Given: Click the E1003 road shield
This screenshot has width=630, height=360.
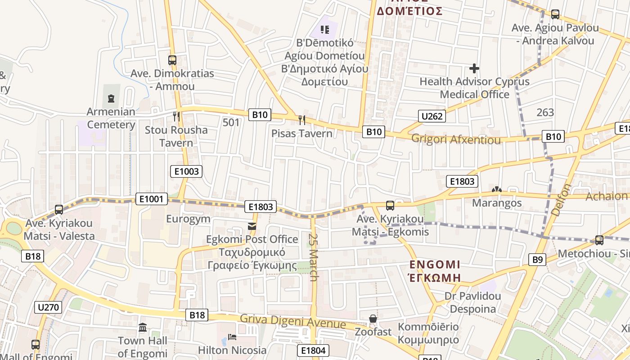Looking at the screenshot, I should coord(186,171).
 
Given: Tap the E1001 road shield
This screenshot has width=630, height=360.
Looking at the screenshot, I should coord(151,198).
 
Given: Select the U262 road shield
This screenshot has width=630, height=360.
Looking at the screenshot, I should coord(432,116).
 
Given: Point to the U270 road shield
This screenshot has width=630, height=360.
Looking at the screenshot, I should coord(48,308).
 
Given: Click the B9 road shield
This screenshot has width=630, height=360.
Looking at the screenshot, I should coord(537,259).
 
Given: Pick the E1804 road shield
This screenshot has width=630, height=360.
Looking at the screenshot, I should coord(313,351).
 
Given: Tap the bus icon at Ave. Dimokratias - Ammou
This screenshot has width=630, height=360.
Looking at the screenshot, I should coord(172,60).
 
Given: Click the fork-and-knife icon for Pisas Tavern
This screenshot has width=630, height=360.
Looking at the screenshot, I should coord(301,120).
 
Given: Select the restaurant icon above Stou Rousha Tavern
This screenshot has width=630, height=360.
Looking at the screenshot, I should coord(176,117).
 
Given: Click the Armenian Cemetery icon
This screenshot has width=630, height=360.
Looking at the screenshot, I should coord(111,98).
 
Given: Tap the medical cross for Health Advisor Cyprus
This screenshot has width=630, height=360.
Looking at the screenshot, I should coord(474,68).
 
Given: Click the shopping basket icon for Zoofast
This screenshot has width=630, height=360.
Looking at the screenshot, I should coord(373,319).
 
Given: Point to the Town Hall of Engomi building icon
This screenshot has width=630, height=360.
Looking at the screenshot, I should coord(143,327).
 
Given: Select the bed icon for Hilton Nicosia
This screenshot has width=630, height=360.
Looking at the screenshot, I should coord(232,337).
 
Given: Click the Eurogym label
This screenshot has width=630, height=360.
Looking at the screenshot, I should coord(188,219).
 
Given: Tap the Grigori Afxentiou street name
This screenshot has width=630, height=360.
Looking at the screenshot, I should coord(456,139).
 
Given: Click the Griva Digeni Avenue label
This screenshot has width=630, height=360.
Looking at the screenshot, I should coord(292,321).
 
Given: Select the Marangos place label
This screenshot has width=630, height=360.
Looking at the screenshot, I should coord(497,203).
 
